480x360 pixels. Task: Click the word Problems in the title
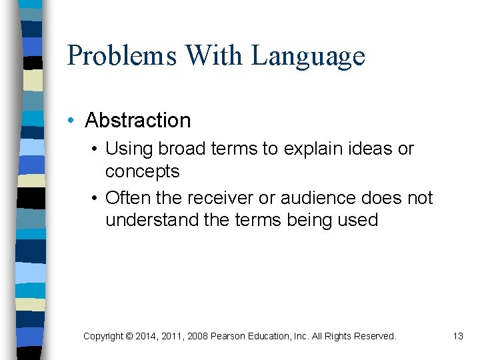point(121,55)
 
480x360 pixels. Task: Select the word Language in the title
point(308,57)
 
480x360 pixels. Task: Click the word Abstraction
point(138,121)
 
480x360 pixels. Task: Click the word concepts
point(142,172)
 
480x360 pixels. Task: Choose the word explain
point(309,149)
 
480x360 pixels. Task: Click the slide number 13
point(457,336)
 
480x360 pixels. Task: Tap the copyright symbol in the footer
point(129,337)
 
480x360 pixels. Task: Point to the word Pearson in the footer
point(228,337)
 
